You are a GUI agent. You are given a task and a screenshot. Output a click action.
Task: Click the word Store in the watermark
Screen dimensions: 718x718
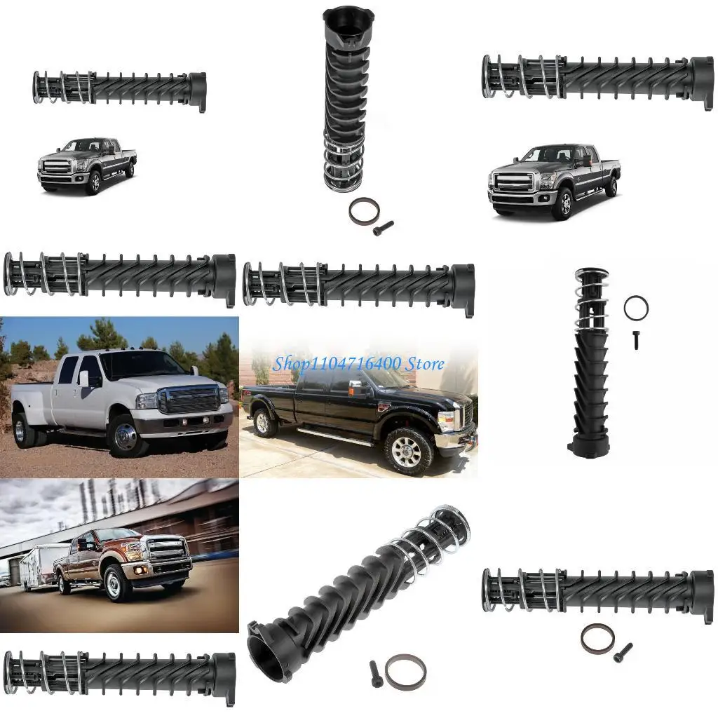tap(424, 363)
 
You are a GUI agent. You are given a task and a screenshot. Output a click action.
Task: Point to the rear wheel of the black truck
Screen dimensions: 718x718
tap(266, 422)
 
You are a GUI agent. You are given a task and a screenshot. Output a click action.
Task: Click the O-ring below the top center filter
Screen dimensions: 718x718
tap(362, 211)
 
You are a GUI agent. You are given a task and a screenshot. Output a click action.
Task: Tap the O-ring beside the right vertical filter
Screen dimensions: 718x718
tap(635, 307)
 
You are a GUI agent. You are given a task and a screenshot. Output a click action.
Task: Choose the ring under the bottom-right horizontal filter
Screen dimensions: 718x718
tap(597, 637)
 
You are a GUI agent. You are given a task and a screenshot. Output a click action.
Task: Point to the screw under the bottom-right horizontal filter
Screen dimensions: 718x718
tap(622, 653)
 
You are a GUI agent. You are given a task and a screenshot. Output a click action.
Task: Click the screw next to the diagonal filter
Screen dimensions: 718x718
tap(375, 674)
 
